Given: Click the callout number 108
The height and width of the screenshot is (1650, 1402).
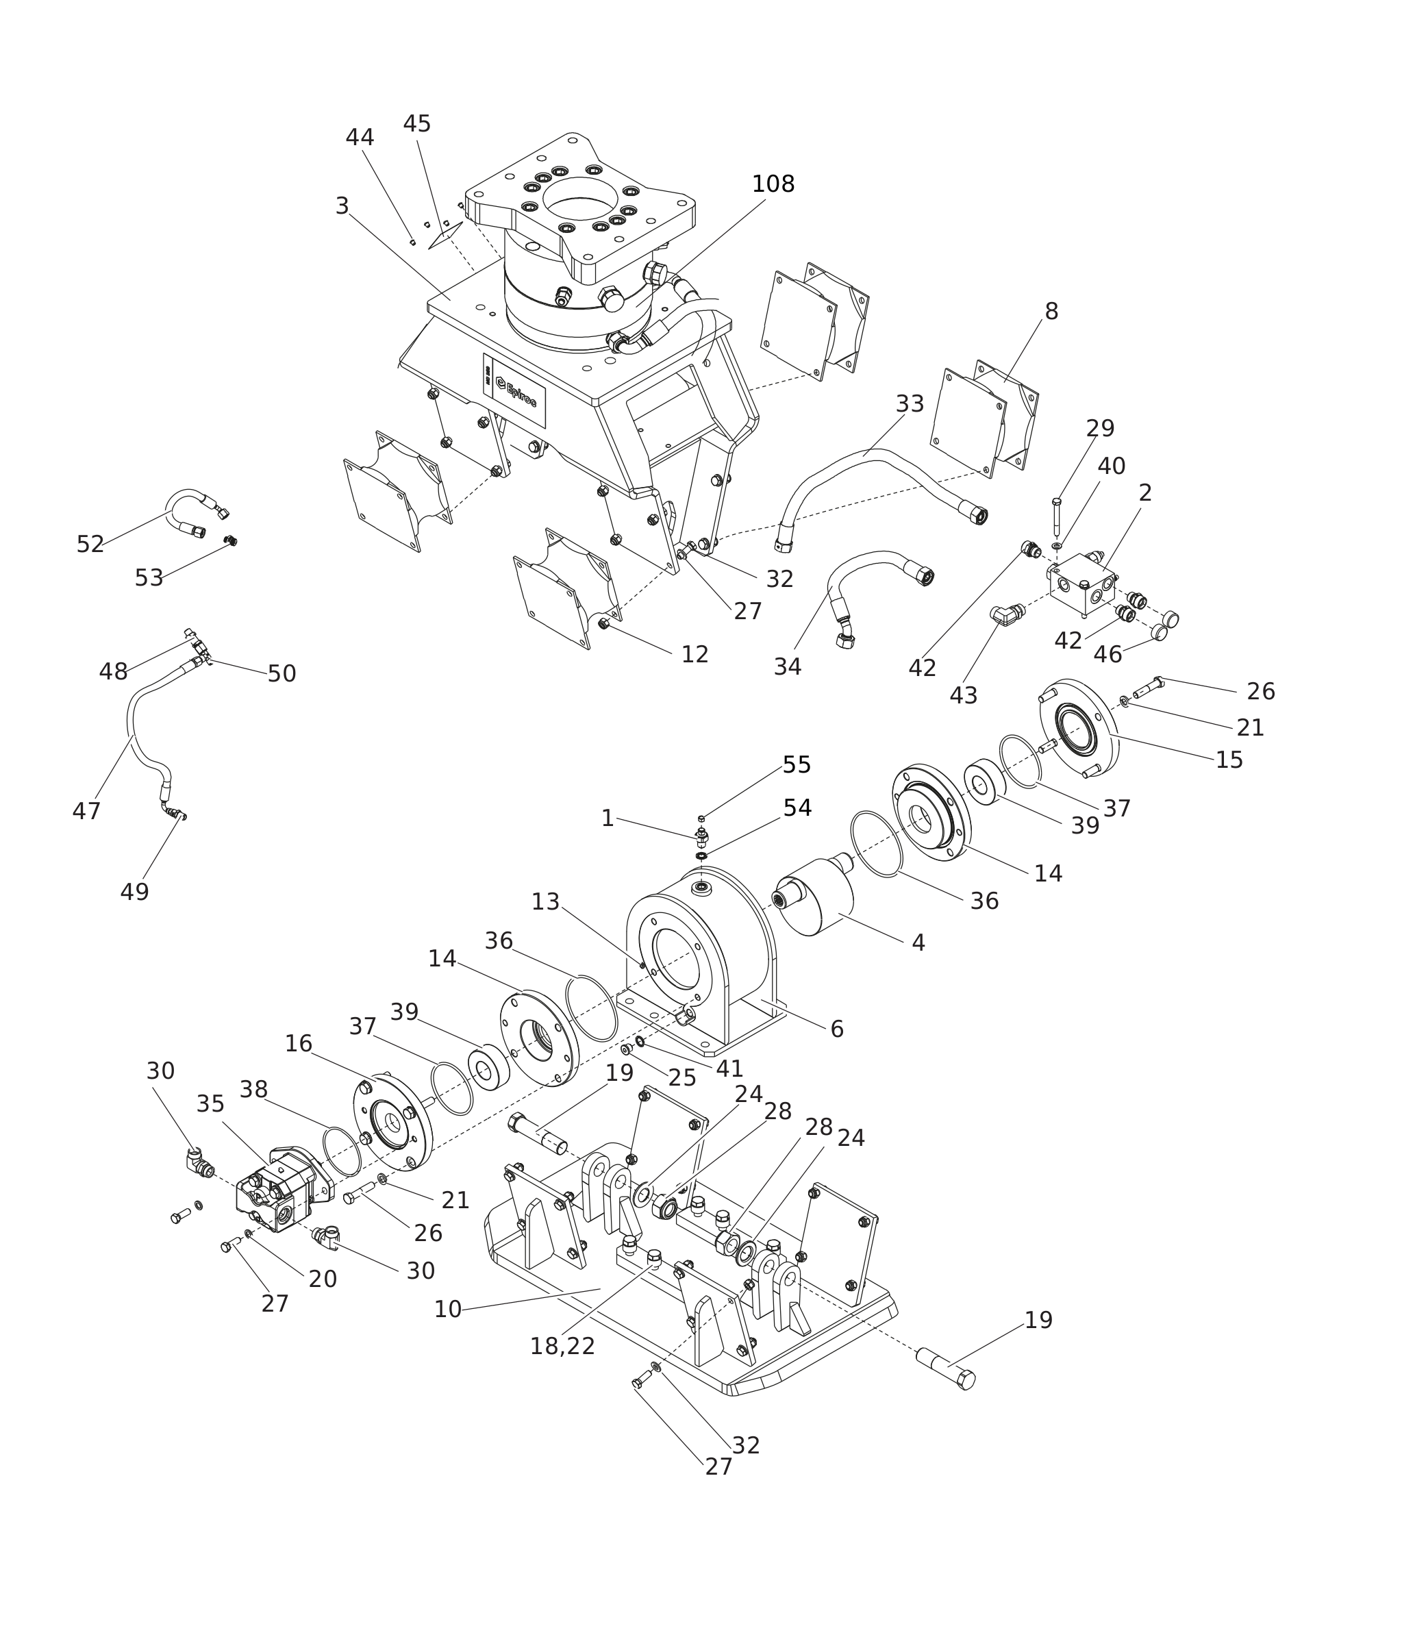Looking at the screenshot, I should point(773,184).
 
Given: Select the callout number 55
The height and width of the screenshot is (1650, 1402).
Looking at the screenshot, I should point(797,765).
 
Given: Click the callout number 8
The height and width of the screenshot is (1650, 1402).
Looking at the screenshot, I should point(1051,312).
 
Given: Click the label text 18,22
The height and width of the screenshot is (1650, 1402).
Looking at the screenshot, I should point(562,1347).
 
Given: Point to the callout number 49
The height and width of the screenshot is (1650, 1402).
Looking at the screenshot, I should point(134,892).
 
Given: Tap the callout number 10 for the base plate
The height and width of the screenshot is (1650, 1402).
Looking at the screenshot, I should point(447,1310).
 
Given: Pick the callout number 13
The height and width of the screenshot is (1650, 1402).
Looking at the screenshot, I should point(545,902).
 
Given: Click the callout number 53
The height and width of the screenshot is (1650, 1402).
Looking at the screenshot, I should point(149,579).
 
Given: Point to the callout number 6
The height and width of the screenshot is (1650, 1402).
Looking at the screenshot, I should point(836,1029).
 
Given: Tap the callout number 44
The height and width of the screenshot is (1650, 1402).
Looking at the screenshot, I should point(360,138).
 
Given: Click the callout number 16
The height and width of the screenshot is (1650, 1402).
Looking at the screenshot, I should point(298,1044).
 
